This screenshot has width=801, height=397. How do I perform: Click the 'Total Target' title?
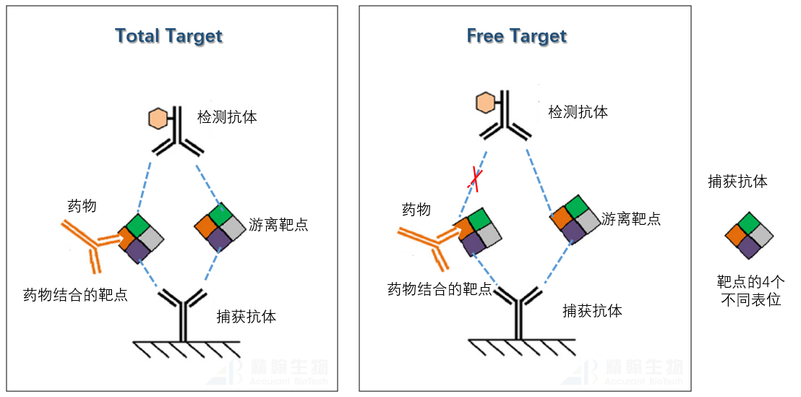point(169,36)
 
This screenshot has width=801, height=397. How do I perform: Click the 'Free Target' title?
point(516,36)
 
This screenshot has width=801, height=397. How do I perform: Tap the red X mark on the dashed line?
point(474,177)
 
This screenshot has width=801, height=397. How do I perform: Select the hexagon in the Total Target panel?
point(158,119)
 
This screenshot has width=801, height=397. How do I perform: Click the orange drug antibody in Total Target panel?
point(90,243)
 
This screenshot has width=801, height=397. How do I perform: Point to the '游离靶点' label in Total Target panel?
point(278,224)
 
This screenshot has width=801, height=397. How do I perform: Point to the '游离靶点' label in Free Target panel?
point(630,218)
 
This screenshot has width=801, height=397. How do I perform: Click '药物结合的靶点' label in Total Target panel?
point(75,294)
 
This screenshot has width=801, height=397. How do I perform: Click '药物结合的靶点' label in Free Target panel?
point(439,289)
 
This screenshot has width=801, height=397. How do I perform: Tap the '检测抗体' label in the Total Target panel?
point(227,117)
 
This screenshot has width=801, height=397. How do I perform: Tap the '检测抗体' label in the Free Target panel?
point(578,112)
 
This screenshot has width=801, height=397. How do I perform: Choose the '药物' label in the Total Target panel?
point(82,206)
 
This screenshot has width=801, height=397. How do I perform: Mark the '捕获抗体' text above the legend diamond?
point(737,182)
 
